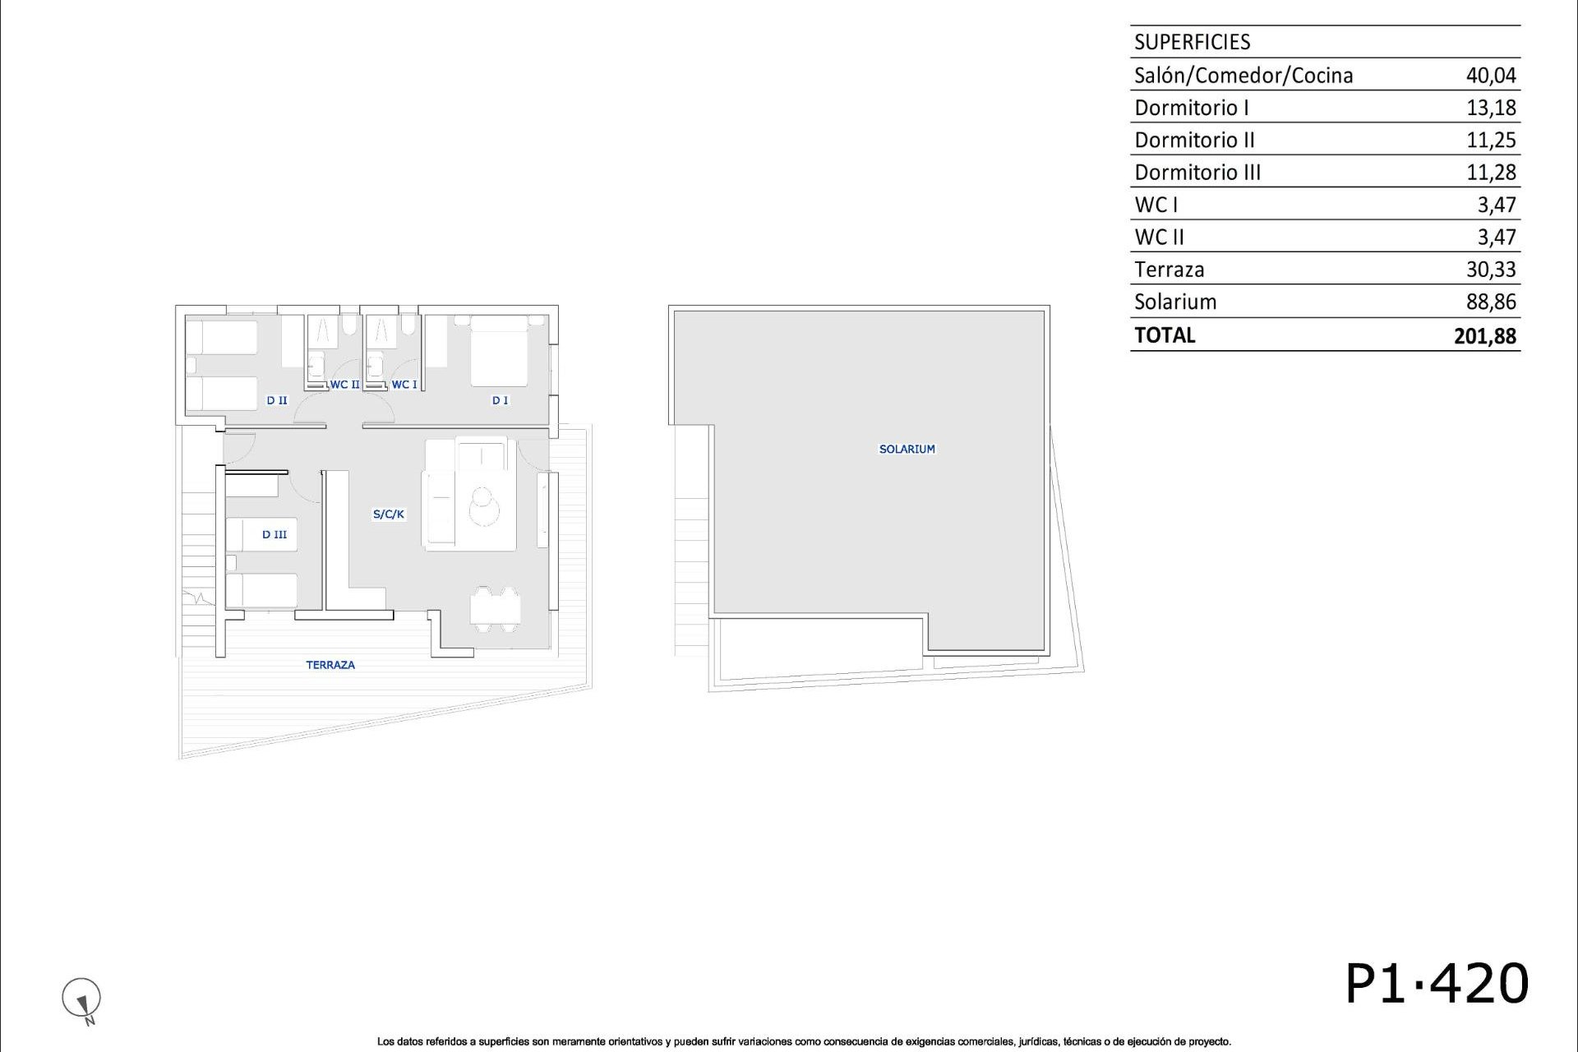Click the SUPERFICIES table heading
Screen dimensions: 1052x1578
pyautogui.click(x=1192, y=42)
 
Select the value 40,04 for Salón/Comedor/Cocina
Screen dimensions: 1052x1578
pyautogui.click(x=1491, y=76)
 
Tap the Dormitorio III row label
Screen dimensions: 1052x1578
pyautogui.click(x=1197, y=173)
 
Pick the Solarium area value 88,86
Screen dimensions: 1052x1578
pyautogui.click(x=1491, y=302)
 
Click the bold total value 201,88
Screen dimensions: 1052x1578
pyautogui.click(x=1484, y=336)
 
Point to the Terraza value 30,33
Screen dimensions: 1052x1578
pyautogui.click(x=1491, y=270)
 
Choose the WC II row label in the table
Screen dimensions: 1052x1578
pyautogui.click(x=1159, y=238)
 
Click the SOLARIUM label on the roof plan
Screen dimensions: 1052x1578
pyautogui.click(x=907, y=449)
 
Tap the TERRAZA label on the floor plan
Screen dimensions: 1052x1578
pyautogui.click(x=330, y=665)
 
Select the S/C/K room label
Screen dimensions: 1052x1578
pyautogui.click(x=389, y=514)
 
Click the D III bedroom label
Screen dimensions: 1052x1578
pyautogui.click(x=275, y=535)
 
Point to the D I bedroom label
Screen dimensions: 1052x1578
pyautogui.click(x=500, y=400)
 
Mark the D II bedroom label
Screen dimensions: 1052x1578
pyautogui.click(x=277, y=400)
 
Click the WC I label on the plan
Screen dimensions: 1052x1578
pyautogui.click(x=404, y=384)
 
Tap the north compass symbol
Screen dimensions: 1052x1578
pyautogui.click(x=81, y=999)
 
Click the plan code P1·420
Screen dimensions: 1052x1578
pyautogui.click(x=1436, y=983)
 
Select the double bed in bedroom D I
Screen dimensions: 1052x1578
pyautogui.click(x=499, y=351)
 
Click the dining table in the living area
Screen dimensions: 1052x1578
pyautogui.click(x=495, y=609)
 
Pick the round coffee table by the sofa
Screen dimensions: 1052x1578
pyautogui.click(x=483, y=505)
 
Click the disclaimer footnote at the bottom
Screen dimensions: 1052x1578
pyautogui.click(x=804, y=1041)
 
